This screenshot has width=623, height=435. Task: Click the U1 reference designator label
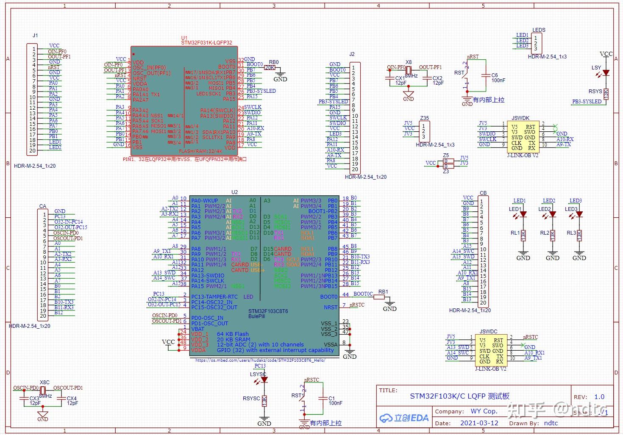click(184, 38)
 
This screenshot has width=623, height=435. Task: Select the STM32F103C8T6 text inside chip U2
click(268, 311)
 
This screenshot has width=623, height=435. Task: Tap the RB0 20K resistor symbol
click(270, 67)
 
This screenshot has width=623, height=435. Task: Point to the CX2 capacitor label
click(437, 78)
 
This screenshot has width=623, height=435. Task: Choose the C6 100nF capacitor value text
click(498, 80)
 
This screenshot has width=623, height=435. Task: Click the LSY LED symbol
click(606, 73)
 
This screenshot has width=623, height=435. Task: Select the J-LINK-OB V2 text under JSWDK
click(523, 155)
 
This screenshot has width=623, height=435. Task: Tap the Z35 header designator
click(424, 118)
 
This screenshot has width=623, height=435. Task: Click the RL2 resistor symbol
click(552, 236)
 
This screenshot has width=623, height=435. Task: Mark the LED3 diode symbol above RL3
click(579, 214)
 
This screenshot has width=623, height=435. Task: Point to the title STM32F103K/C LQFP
click(459, 396)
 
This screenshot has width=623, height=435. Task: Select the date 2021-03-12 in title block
click(479, 423)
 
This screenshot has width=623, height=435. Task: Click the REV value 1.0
click(599, 397)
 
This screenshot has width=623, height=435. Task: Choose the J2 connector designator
click(352, 54)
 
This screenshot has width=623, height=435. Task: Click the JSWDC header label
click(488, 332)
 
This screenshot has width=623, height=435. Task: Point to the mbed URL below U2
click(260, 360)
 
